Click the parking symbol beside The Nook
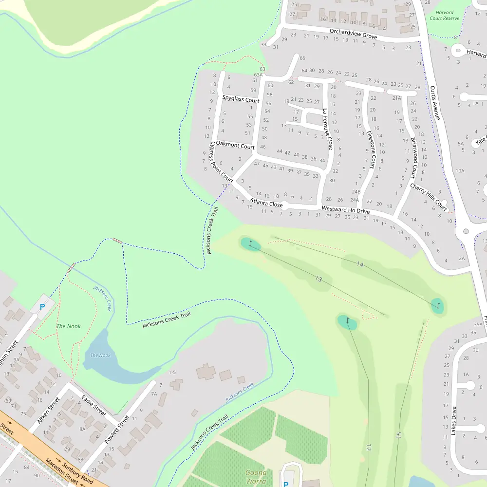pyautogui.click(x=42, y=307)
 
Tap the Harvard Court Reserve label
pyautogui.click(x=445, y=16)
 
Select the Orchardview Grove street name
pyautogui.click(x=353, y=34)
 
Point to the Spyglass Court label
pyautogui.click(x=241, y=99)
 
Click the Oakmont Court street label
pyautogui.click(x=235, y=145)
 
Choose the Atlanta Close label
pyautogui.click(x=266, y=203)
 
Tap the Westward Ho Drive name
pyautogui.click(x=346, y=210)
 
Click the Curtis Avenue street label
pyautogui.click(x=435, y=103)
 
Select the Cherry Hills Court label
pyautogui.click(x=429, y=194)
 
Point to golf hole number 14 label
pyautogui.click(x=360, y=264)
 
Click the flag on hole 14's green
pyautogui.click(x=438, y=305)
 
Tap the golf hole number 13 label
pyautogui.click(x=318, y=279)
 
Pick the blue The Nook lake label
pyautogui.click(x=100, y=355)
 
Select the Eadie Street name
pyautogui.click(x=94, y=405)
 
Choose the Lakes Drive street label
pyautogui.click(x=454, y=420)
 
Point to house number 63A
pyautogui.click(x=258, y=75)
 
